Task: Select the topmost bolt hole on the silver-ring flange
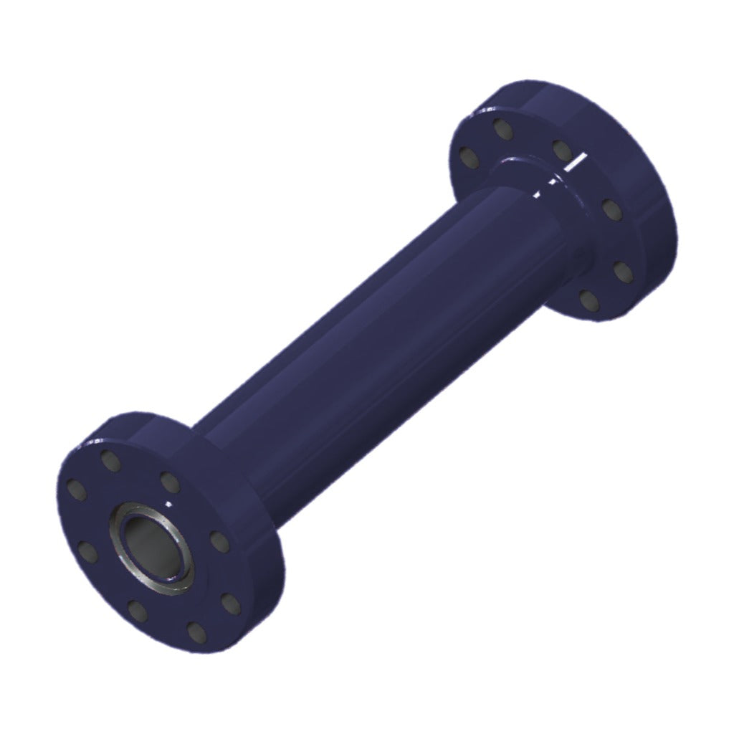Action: (x=110, y=460)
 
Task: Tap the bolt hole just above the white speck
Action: (x=169, y=482)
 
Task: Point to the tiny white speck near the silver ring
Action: (x=169, y=503)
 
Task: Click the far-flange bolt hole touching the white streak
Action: (x=561, y=150)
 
